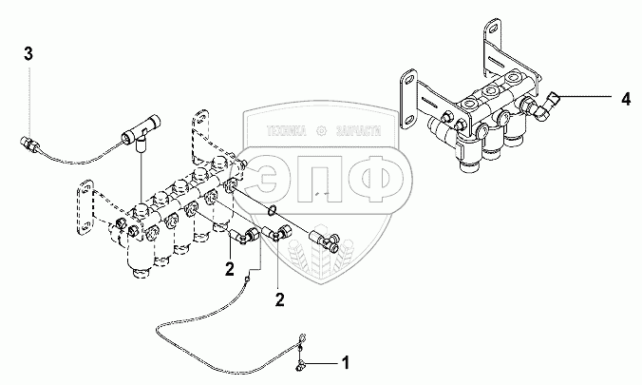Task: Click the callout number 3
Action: point(28,52)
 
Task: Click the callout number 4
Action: point(625,98)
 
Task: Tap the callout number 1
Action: point(346,363)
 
